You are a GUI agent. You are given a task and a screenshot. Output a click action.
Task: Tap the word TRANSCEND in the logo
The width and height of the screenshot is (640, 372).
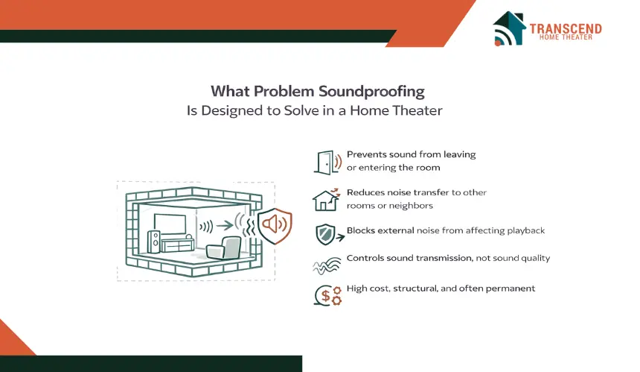pos(566,28)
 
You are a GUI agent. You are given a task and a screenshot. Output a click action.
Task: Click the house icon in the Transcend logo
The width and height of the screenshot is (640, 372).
pos(509,28)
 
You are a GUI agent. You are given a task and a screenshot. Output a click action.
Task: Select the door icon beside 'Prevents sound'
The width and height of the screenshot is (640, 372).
pos(327,163)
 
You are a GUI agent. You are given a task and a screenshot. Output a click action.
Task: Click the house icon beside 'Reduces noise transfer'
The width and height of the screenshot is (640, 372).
pos(326,200)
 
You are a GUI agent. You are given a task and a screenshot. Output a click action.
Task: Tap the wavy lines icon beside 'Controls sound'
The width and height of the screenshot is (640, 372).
pos(327,265)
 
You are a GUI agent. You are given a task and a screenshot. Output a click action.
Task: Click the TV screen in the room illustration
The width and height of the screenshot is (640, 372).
pos(170,224)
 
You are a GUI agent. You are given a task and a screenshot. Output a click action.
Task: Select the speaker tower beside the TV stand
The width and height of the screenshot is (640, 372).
pos(154,242)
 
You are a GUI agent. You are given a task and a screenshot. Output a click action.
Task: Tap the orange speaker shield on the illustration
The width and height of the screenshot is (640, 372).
pos(275,225)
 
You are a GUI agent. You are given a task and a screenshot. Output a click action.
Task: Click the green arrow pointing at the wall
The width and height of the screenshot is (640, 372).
pos(225,225)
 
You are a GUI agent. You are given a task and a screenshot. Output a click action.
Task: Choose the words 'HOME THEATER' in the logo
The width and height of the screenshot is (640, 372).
pos(566,37)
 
